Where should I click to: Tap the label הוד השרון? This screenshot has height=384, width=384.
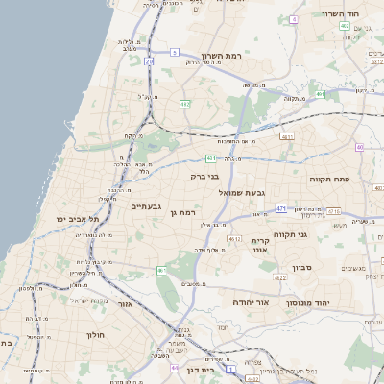[x=354, y=13]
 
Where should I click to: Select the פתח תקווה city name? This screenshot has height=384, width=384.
[x=328, y=179]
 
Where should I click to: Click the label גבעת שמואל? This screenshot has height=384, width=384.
[x=242, y=192]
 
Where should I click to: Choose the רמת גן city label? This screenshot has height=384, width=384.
[x=181, y=211]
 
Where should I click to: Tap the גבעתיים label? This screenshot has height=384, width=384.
[x=145, y=205]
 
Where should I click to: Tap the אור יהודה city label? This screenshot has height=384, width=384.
[x=253, y=300]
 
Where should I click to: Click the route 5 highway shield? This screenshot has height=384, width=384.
[x=175, y=51]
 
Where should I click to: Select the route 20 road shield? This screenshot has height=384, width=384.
[x=149, y=61]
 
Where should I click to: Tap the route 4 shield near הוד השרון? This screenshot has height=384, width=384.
[x=345, y=27]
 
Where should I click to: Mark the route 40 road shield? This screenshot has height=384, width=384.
[x=359, y=147]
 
